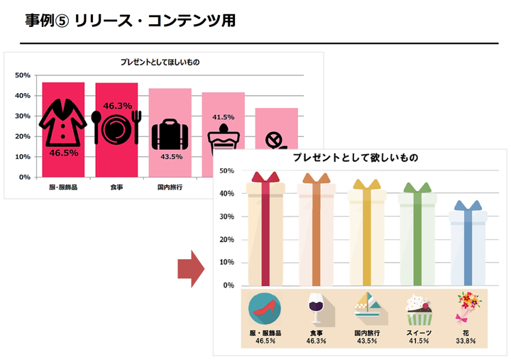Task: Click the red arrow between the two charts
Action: pyautogui.click(x=189, y=270)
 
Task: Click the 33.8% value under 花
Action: pyautogui.click(x=466, y=342)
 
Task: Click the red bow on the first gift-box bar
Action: pyautogui.click(x=264, y=178)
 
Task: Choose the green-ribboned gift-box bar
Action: pyautogui.click(x=417, y=238)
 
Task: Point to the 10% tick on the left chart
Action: pyautogui.click(x=22, y=157)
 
